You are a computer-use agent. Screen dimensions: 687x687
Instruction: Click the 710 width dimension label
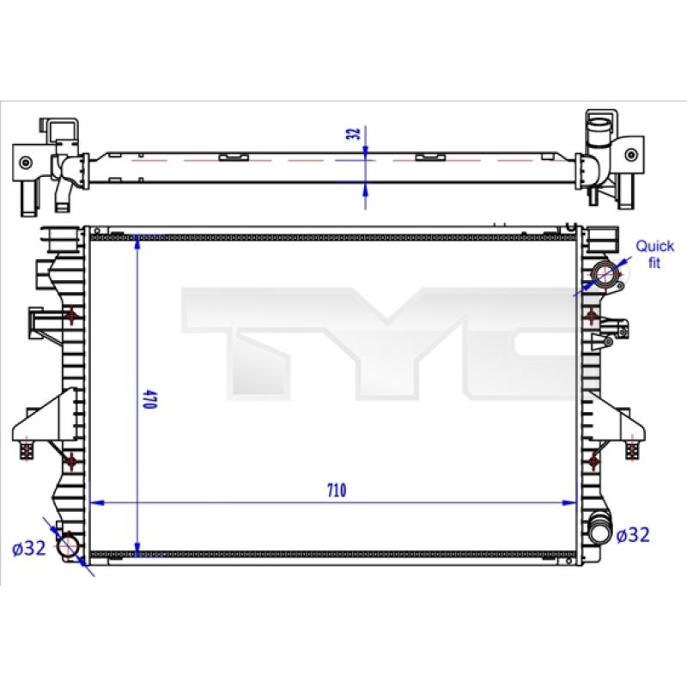pyautogui.click(x=337, y=489)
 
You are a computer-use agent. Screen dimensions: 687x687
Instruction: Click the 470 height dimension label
pyautogui.click(x=149, y=398)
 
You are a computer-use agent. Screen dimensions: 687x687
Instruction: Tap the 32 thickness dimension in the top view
pyautogui.click(x=353, y=133)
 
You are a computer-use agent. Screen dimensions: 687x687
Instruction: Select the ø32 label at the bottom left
pyautogui.click(x=29, y=548)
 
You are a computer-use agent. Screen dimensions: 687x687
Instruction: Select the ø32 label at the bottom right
pyautogui.click(x=633, y=535)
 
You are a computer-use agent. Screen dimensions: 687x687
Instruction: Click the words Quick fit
pyautogui.click(x=654, y=254)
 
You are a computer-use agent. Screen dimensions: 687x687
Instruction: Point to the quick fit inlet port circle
pyautogui.click(x=606, y=275)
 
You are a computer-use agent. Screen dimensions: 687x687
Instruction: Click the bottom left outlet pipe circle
pyautogui.click(x=68, y=545)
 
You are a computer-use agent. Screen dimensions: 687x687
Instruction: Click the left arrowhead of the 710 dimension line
pyautogui.click(x=96, y=502)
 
